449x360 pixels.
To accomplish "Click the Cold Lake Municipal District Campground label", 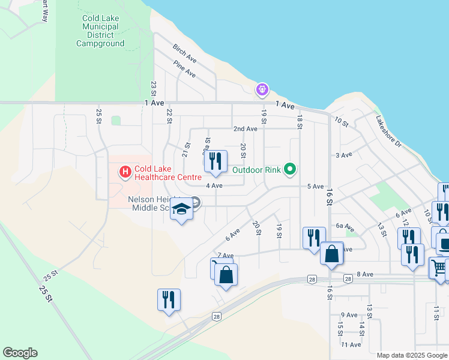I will pos(100,31).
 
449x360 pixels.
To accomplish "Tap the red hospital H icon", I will pos(125,173).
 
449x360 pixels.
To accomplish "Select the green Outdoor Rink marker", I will pos(290,169).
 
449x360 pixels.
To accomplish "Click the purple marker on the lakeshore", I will pos(262,90).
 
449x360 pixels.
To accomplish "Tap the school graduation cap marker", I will pos(181,210).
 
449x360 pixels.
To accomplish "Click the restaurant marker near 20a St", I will pos(215,161).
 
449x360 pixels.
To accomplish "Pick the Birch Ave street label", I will pos(184,54).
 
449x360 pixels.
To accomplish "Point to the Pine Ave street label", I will pos(184,69).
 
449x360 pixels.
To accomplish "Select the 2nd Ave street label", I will pos(245,129).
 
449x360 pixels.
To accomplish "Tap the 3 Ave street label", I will pos(343,155).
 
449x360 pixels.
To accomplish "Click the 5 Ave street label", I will pos(316,187).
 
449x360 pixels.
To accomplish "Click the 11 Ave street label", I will pos(351,344).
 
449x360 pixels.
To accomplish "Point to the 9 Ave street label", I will pos(349,315).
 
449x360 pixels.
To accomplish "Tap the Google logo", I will pos(20,353).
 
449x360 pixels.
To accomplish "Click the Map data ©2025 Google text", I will pos(412,355).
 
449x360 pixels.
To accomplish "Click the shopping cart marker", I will pos(439,267).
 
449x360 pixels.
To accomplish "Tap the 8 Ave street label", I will pos(365,274).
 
